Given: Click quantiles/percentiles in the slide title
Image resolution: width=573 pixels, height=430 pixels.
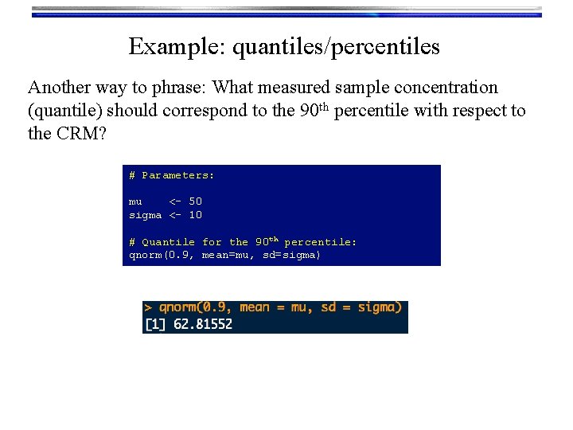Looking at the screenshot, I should [336, 47].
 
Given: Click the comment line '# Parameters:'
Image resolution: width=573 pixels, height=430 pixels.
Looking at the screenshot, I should [172, 175].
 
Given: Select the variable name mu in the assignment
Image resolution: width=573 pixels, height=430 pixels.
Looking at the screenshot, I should [135, 201].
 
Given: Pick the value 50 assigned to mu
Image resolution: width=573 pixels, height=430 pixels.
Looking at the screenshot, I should [195, 201].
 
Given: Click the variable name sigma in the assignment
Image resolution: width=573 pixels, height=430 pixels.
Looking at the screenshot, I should [145, 215].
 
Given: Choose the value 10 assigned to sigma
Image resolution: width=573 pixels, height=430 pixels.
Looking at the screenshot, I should [195, 215].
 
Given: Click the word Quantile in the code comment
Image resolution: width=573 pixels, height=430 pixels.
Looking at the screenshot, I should [168, 242].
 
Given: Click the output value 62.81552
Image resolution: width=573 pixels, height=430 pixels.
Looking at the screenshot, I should [203, 324].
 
